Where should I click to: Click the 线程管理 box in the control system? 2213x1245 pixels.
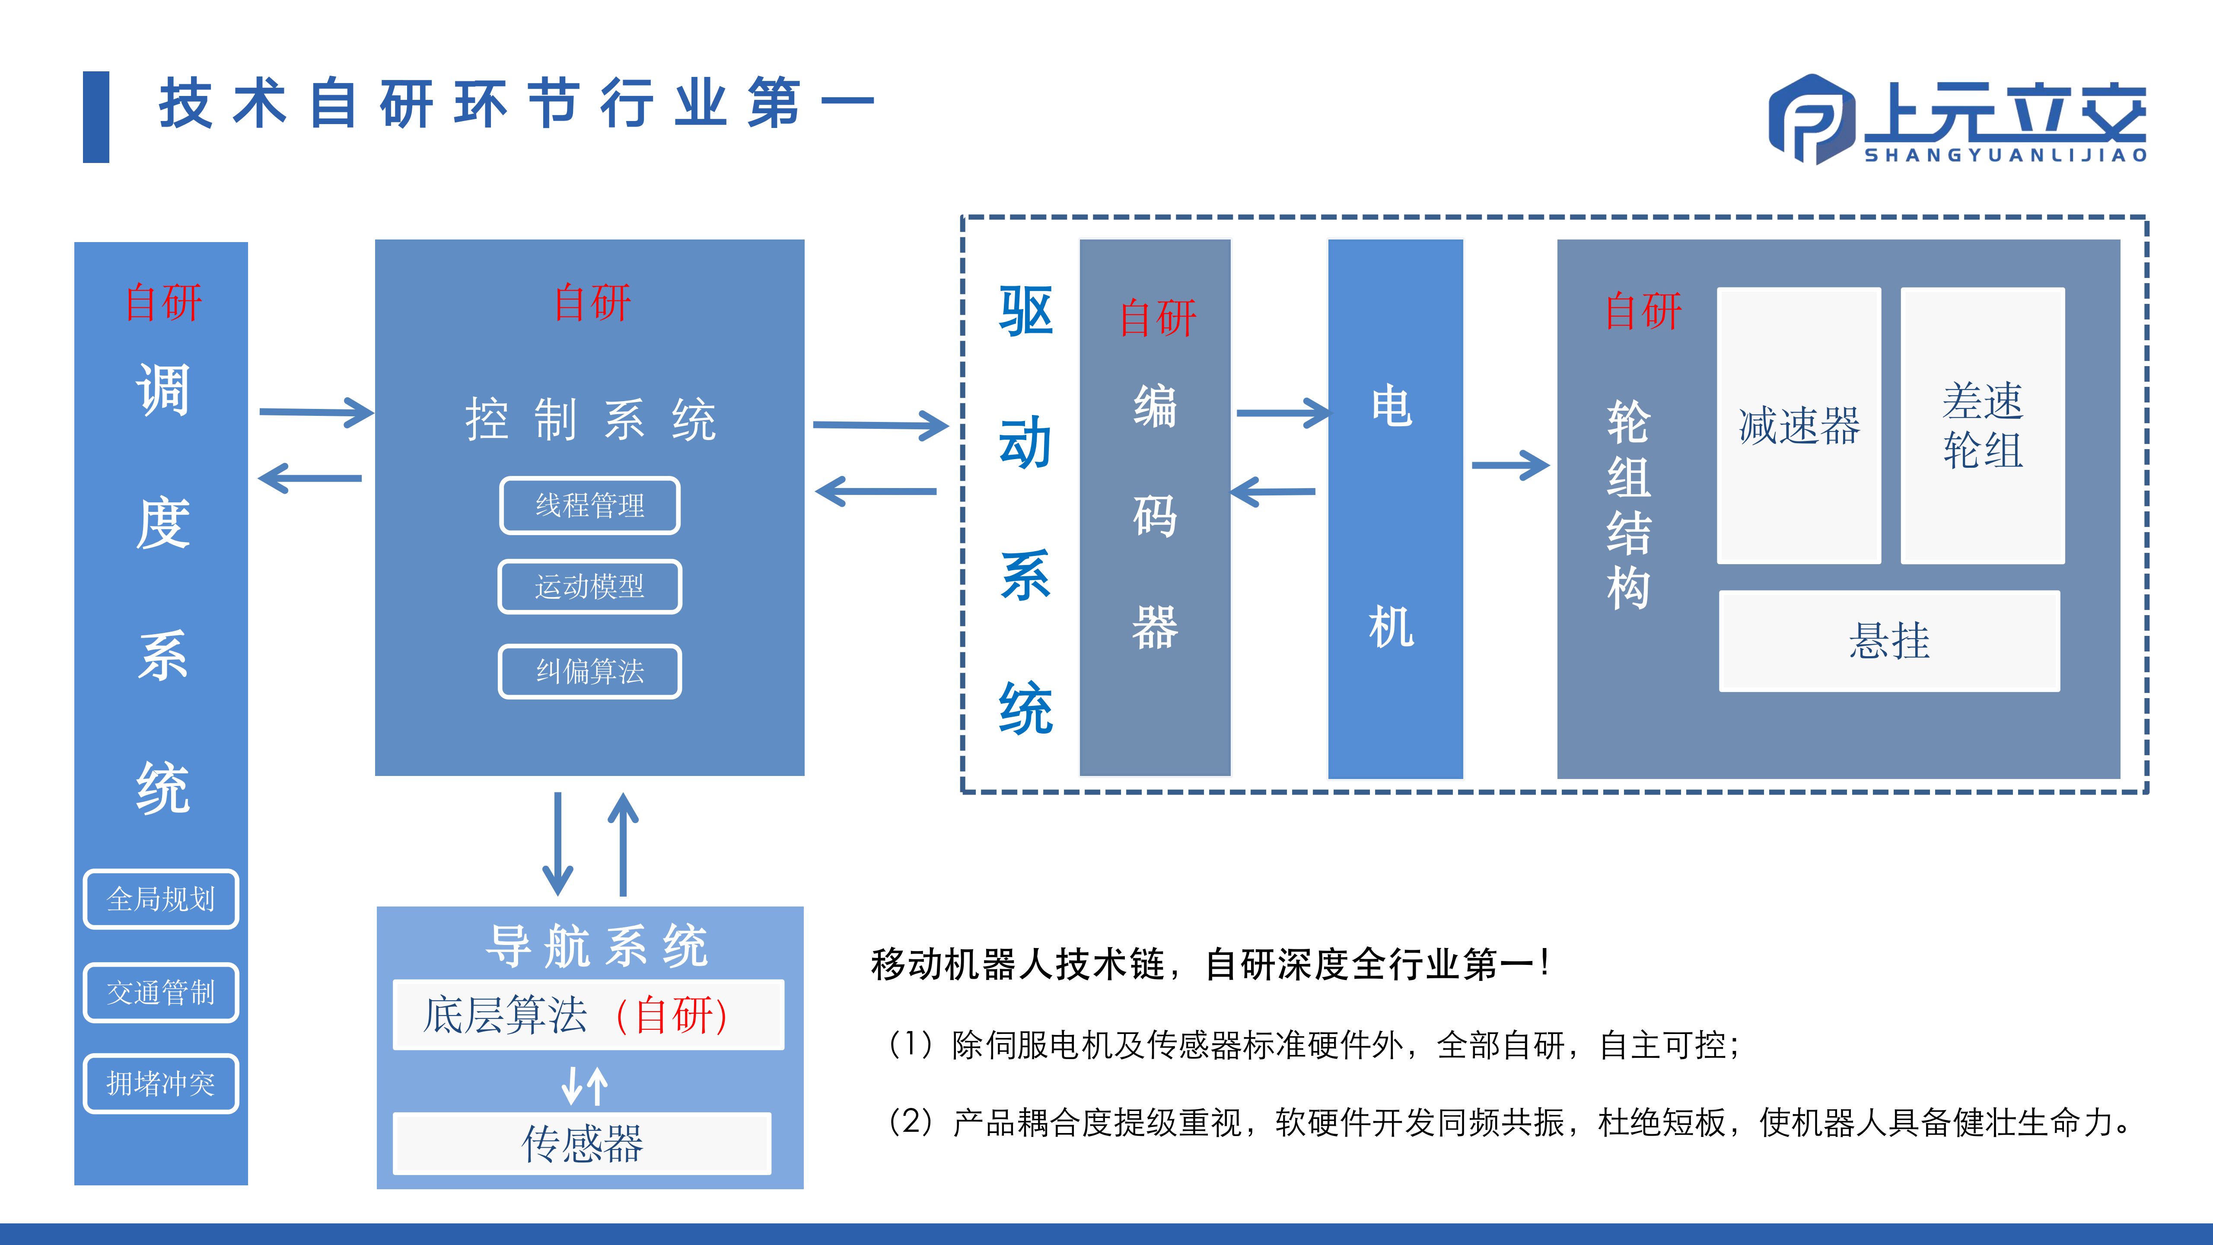[589, 505]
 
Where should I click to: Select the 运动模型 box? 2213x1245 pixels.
[589, 587]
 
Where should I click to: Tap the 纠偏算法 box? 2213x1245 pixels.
[589, 671]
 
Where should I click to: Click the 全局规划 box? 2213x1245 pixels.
[161, 899]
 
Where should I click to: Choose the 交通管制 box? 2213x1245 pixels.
[161, 993]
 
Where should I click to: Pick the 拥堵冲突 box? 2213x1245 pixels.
[161, 1083]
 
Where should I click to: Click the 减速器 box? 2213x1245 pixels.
[1798, 425]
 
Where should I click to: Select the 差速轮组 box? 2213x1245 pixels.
[1982, 425]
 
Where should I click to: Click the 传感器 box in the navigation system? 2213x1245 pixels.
[582, 1143]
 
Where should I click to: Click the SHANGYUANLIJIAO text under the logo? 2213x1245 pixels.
[2005, 156]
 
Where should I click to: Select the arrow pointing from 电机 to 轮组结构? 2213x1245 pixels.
[1509, 466]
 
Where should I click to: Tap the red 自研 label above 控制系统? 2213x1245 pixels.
[592, 303]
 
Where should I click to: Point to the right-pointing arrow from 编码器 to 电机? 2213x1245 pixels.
[1282, 413]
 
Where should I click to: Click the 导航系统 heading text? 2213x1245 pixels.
[596, 946]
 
